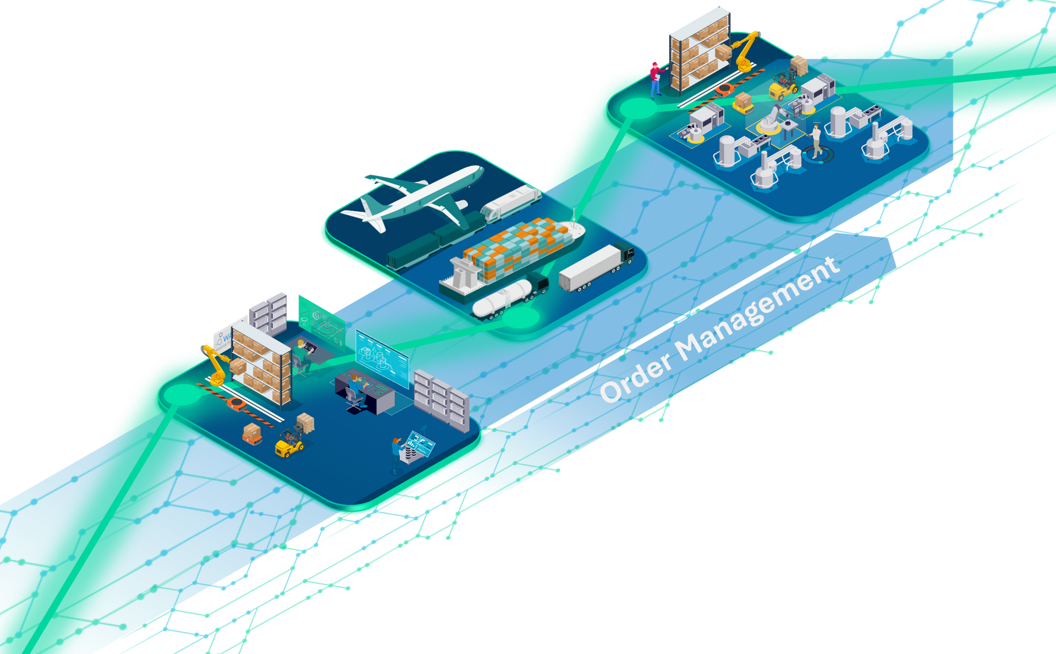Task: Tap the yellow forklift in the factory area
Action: (784, 85)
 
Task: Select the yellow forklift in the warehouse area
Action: (289, 442)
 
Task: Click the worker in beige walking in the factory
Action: (816, 140)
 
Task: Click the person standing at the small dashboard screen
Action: (396, 454)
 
